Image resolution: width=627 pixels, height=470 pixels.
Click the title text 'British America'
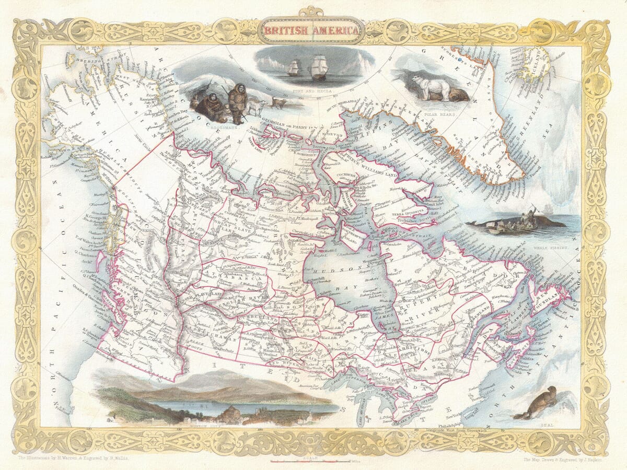point(311,30)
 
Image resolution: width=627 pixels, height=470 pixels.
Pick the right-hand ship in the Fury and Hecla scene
point(319,67)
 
